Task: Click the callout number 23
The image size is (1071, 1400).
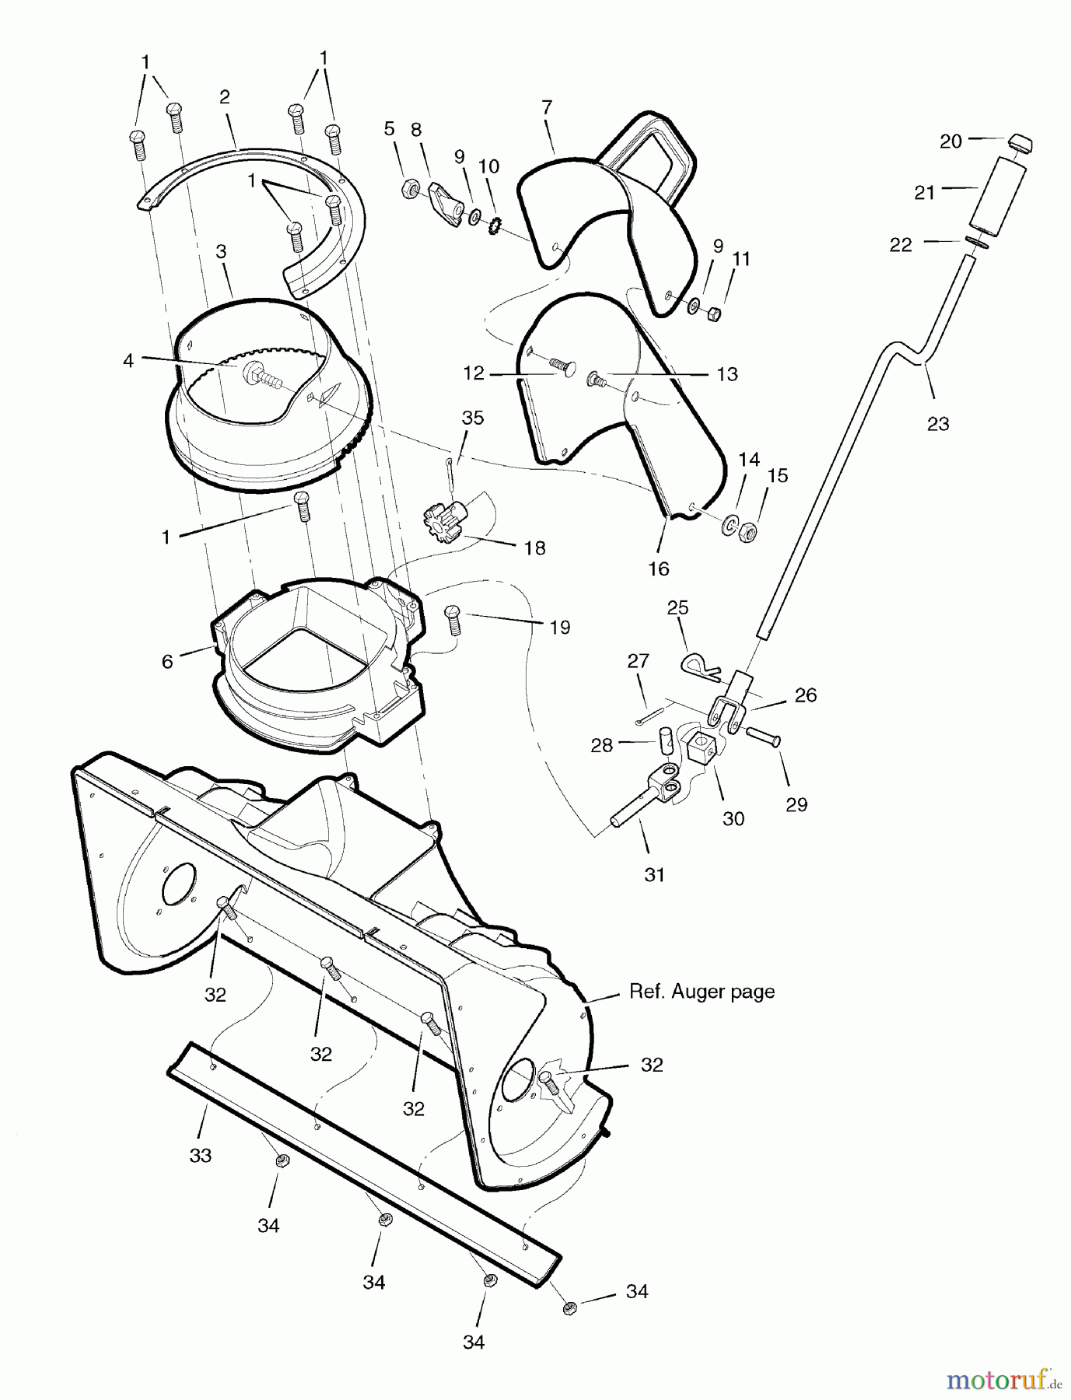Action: (938, 423)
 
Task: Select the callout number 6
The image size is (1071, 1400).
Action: (167, 662)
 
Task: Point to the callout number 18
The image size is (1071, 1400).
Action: (534, 548)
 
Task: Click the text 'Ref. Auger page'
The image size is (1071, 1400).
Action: (702, 992)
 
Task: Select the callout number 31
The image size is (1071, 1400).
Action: (654, 874)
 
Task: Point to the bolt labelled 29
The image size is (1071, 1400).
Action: (765, 737)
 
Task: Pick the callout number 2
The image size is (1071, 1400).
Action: (224, 97)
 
